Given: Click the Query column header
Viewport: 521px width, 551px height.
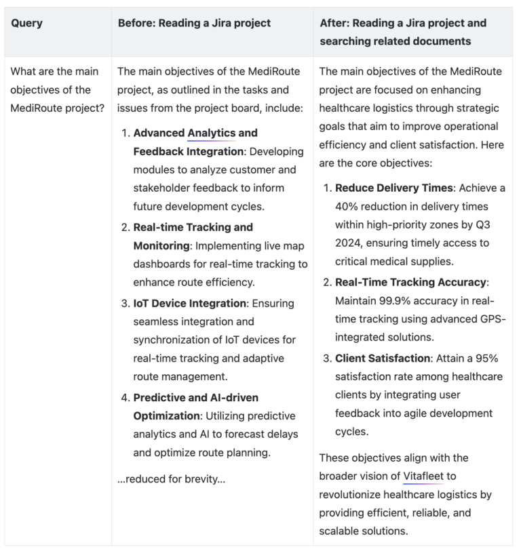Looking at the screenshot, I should point(26,23).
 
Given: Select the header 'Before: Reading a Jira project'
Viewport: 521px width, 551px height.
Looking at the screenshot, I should point(194,23).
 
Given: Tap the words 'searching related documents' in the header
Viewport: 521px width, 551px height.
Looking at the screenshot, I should point(395,41).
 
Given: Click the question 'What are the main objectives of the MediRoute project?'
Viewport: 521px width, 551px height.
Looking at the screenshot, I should point(56,89).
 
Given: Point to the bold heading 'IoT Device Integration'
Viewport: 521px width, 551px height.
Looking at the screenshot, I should point(189,303).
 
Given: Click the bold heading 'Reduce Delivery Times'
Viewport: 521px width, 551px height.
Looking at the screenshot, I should point(393,188).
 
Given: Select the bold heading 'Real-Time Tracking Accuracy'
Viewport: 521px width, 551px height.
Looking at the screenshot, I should point(410,282).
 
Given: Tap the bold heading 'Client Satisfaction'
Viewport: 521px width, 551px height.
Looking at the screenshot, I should point(383,358).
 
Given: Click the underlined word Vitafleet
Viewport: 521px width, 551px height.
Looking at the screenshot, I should point(423,476).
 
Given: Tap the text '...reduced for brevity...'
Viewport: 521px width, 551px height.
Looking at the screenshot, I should point(171,479).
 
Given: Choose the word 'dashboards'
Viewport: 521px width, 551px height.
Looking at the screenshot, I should point(163,264).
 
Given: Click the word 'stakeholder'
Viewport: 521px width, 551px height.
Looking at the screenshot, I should point(163,188).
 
